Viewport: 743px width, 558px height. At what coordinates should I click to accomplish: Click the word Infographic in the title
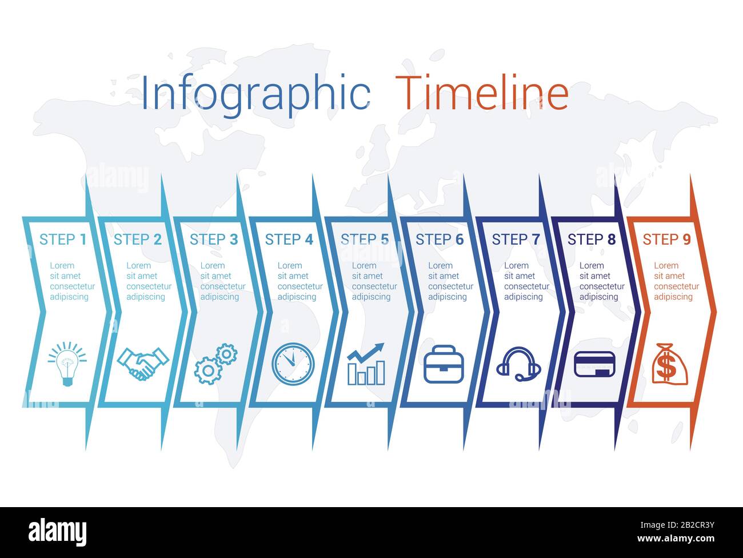coord(255,93)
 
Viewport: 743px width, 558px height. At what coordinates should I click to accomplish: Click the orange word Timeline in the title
coord(482,93)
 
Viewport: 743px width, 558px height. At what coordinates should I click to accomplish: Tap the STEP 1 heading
coord(63,240)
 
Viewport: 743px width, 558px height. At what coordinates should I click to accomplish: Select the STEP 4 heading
coord(289,240)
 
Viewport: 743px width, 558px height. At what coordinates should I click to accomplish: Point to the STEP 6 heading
coord(440,240)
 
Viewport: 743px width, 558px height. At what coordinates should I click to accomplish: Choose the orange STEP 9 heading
coord(666,240)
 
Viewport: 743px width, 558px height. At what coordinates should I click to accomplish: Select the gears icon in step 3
coord(216,364)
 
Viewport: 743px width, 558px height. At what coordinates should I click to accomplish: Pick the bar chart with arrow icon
coord(366,364)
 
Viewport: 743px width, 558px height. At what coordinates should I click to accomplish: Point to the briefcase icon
coord(444,364)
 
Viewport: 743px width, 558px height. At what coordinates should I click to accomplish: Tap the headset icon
coord(518,364)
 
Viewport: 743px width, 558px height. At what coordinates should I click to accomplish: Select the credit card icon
coord(594,364)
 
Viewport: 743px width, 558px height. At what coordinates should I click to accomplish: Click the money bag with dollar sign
coord(669,364)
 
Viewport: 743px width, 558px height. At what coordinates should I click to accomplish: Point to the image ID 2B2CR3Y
coord(684,524)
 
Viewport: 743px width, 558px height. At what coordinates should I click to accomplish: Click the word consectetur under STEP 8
coord(602,286)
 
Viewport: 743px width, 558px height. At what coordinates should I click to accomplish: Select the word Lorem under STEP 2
coord(138,265)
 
